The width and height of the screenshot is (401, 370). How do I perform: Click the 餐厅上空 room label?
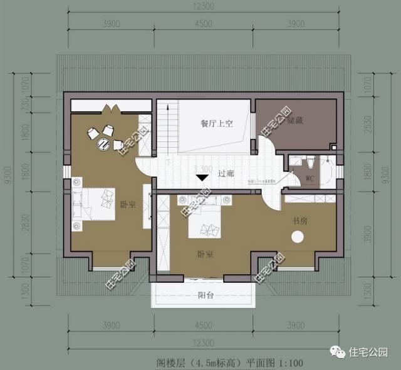click(x=217, y=124)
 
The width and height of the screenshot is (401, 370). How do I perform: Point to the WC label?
click(x=310, y=178)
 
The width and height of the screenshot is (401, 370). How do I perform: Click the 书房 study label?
click(x=299, y=220)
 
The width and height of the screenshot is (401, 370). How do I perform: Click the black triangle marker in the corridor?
click(x=202, y=178)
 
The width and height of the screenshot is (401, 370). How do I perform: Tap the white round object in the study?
click(x=296, y=237)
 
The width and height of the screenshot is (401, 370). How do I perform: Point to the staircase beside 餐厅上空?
click(x=167, y=128)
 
